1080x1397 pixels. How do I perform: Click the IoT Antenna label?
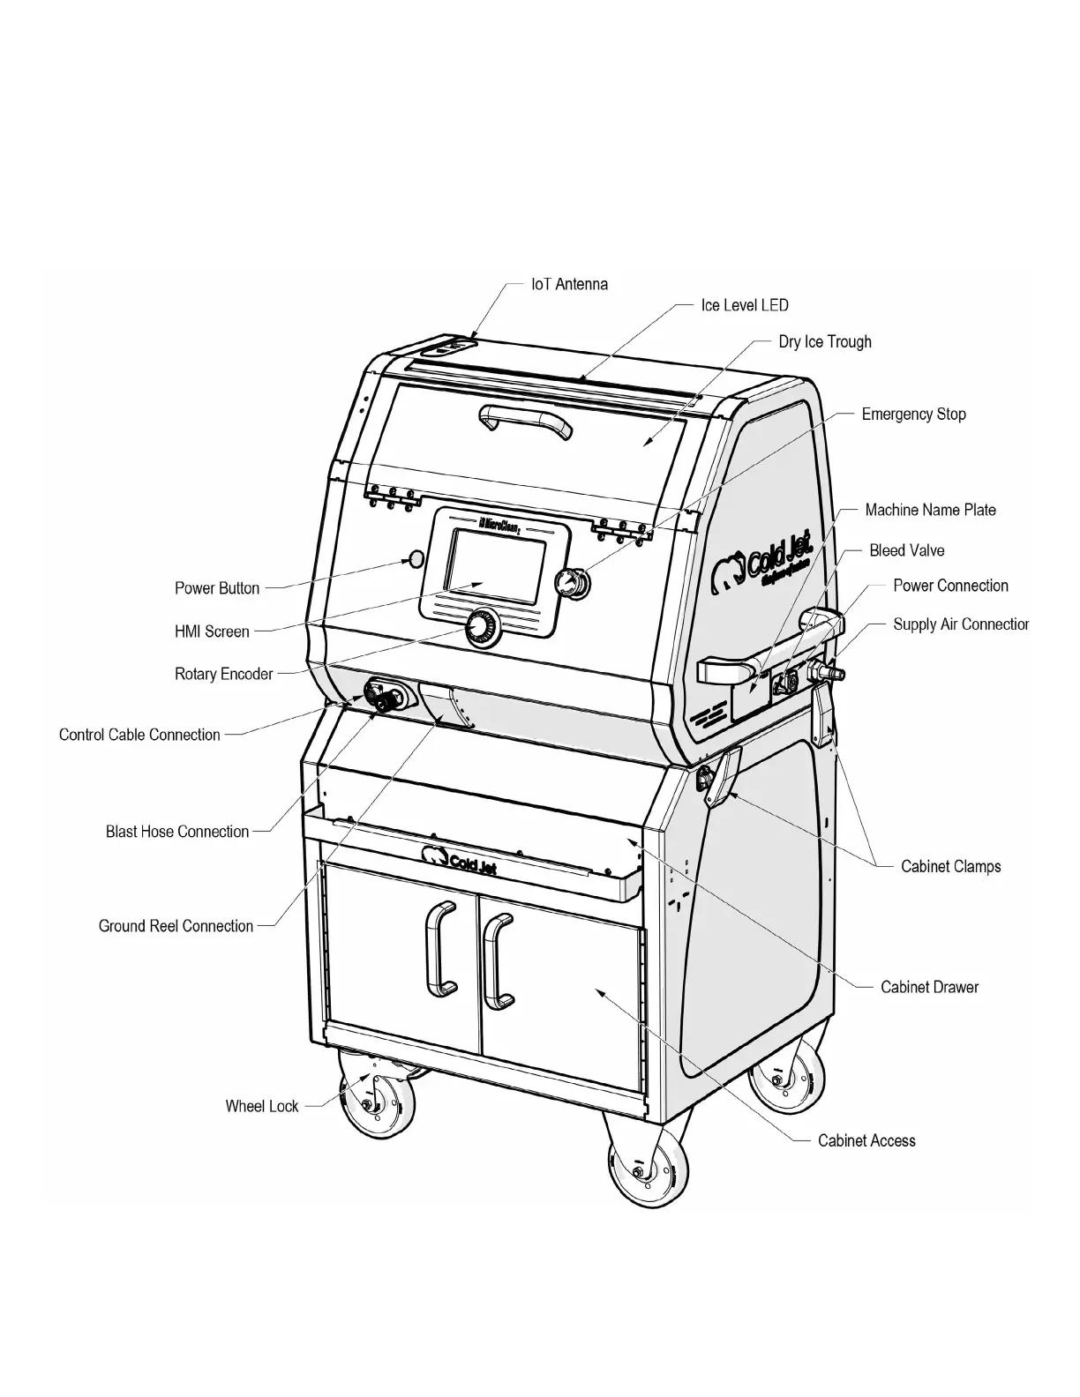(569, 285)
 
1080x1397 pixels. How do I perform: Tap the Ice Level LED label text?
(744, 305)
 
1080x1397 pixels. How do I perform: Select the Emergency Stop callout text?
(913, 415)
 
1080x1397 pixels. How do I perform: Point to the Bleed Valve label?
(906, 551)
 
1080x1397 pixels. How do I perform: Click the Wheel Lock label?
(262, 1106)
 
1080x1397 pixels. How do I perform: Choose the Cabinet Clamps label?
(950, 866)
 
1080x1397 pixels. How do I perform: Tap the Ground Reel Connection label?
(176, 926)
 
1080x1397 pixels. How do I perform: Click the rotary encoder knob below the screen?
(481, 626)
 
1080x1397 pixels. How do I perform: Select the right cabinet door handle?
(499, 960)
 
